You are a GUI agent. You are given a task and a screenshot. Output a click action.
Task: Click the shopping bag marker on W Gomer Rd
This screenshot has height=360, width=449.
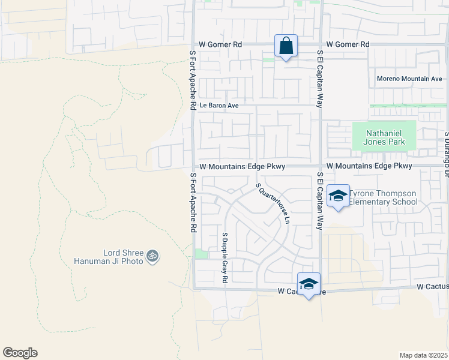[286, 46]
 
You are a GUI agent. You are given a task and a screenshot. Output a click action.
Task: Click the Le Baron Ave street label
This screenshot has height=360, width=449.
[220, 106]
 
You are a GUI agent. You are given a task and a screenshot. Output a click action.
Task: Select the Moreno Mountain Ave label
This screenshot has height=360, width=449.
[409, 79]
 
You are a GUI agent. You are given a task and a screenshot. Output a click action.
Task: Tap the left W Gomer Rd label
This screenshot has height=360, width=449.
[220, 44]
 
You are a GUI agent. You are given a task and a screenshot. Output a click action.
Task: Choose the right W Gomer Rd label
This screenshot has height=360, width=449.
[348, 44]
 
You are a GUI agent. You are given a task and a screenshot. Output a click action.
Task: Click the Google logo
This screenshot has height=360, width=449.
[20, 353]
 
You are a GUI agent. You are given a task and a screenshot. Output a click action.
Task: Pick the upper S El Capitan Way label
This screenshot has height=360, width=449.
[321, 79]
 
